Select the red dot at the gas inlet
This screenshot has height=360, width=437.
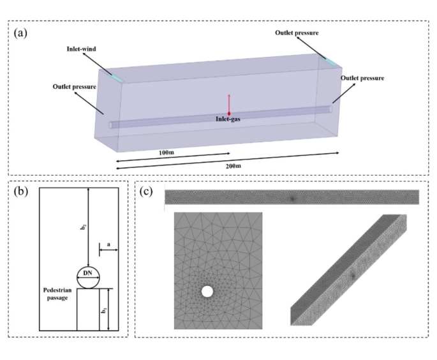[x=229, y=113]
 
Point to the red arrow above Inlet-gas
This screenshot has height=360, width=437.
[x=229, y=101]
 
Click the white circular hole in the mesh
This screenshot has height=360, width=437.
[x=207, y=292]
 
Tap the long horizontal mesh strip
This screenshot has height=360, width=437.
[x=292, y=197]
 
